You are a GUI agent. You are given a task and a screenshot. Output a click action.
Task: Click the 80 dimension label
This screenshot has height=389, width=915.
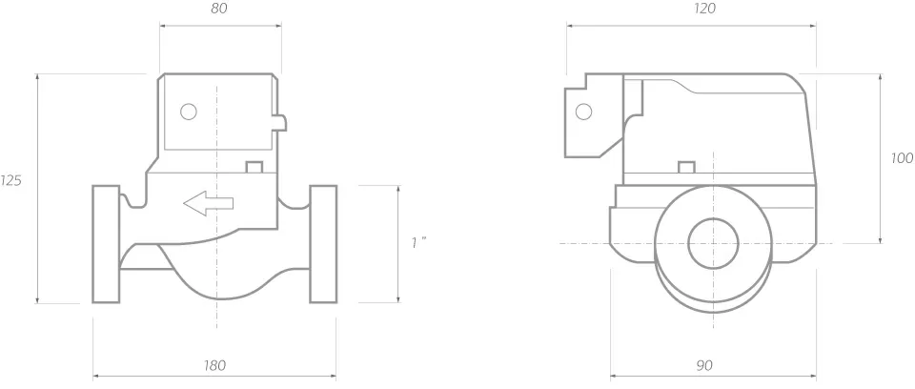point(219,9)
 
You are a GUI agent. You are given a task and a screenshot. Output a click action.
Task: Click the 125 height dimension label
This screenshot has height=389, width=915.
point(10,181)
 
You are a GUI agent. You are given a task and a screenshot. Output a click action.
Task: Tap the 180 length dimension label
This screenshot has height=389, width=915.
point(214,365)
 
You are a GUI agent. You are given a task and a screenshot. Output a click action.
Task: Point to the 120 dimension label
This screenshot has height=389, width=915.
point(705,9)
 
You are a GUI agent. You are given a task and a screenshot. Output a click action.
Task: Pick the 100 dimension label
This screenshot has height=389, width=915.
point(903,158)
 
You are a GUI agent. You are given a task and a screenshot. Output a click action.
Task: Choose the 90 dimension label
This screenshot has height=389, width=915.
point(704,365)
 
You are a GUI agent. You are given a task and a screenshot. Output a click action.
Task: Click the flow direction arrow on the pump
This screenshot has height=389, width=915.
point(209,203)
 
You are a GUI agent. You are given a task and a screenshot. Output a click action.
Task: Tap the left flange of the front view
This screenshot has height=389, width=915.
point(106,244)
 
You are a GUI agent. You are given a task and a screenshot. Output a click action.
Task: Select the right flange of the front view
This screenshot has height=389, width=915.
point(323,244)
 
